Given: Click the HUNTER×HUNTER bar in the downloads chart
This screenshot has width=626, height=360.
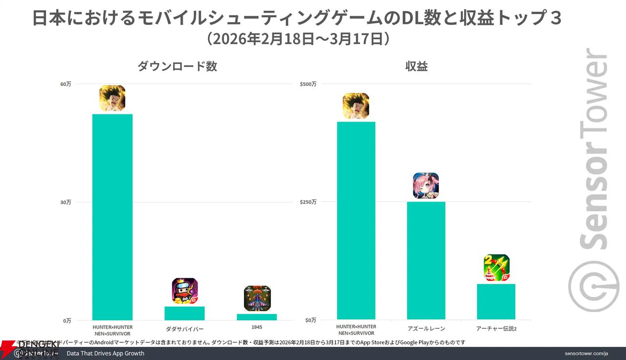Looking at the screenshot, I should tap(112, 217).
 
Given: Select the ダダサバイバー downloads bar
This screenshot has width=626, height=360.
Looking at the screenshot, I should tap(184, 313).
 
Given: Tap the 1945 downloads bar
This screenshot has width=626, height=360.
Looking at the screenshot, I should tap(257, 317).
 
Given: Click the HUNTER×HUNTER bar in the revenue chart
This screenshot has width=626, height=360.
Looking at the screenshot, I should tap(356, 221).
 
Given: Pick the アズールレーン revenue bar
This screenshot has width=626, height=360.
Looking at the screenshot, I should tap(426, 260).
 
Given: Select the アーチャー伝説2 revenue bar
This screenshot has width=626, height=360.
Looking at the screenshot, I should tap(496, 301).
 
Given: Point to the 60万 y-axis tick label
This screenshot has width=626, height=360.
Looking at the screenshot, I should tap(66, 84).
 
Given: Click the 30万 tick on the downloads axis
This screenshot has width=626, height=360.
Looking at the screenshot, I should tap(66, 202).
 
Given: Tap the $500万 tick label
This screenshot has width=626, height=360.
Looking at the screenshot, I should tap(308, 84).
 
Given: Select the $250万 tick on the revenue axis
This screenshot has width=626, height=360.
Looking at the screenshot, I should tap(308, 202).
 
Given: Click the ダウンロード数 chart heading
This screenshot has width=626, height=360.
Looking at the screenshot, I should tap(177, 67).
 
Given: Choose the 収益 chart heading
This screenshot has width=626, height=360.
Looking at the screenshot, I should tap(416, 67).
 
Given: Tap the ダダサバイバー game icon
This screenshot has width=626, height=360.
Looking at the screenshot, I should tap(185, 291).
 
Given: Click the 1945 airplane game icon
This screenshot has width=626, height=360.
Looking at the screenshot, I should tap(257, 298).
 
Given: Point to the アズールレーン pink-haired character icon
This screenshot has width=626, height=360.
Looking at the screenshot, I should tap(426, 186).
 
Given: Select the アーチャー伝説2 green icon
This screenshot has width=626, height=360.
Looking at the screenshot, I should tap(496, 268).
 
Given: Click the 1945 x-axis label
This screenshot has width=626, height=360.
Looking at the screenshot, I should tap(257, 327).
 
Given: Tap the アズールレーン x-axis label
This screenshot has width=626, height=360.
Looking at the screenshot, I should tap(426, 329).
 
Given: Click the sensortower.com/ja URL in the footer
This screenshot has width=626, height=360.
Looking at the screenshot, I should tap(586, 353).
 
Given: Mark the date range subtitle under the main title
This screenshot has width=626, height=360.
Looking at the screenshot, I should tap(298, 39).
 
